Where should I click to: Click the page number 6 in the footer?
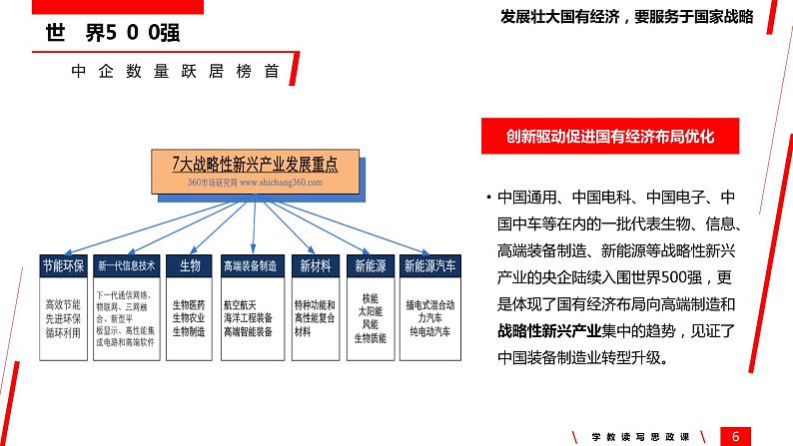click(x=736, y=434)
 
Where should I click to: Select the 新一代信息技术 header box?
click(x=127, y=266)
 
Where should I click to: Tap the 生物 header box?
click(x=190, y=266)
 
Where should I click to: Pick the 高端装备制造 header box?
click(x=250, y=266)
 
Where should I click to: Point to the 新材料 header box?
click(x=313, y=266)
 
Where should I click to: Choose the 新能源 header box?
click(x=370, y=266)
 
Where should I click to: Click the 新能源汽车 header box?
click(x=429, y=266)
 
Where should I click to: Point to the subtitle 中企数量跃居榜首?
click(x=175, y=73)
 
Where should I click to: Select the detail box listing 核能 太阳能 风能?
click(x=370, y=317)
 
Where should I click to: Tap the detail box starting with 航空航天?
click(x=250, y=317)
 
